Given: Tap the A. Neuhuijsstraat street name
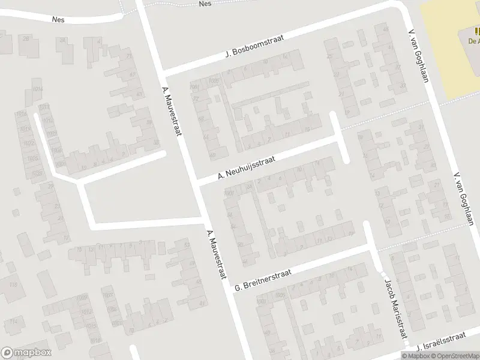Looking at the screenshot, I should click(247, 167).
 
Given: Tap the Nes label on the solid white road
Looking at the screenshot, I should click(58, 19).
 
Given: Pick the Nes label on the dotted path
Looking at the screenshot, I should click(205, 4).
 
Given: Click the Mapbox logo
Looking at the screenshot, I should click(26, 353).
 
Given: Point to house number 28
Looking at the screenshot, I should click(26, 39).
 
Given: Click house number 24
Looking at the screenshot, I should click(62, 41).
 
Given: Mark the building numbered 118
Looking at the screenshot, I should click(13, 285).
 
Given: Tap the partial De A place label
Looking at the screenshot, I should click(473, 41).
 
